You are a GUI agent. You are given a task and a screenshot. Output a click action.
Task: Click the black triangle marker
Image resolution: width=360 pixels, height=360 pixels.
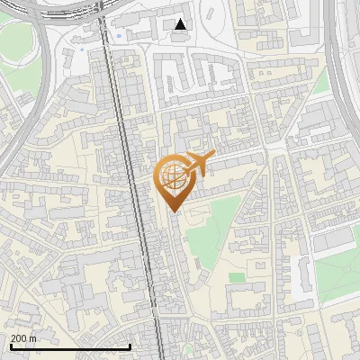[181, 24]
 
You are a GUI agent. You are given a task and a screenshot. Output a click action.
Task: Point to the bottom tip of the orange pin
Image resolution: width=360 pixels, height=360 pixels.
[173, 212]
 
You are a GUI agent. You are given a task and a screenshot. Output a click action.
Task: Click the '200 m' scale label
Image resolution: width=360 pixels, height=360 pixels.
[23, 337]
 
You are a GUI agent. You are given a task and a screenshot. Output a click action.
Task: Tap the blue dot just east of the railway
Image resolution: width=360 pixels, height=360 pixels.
[119, 37]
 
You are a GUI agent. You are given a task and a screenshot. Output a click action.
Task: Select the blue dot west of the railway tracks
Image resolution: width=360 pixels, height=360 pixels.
[83, 49]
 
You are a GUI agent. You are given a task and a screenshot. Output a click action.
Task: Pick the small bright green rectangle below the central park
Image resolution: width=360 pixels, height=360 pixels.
[237, 278]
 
